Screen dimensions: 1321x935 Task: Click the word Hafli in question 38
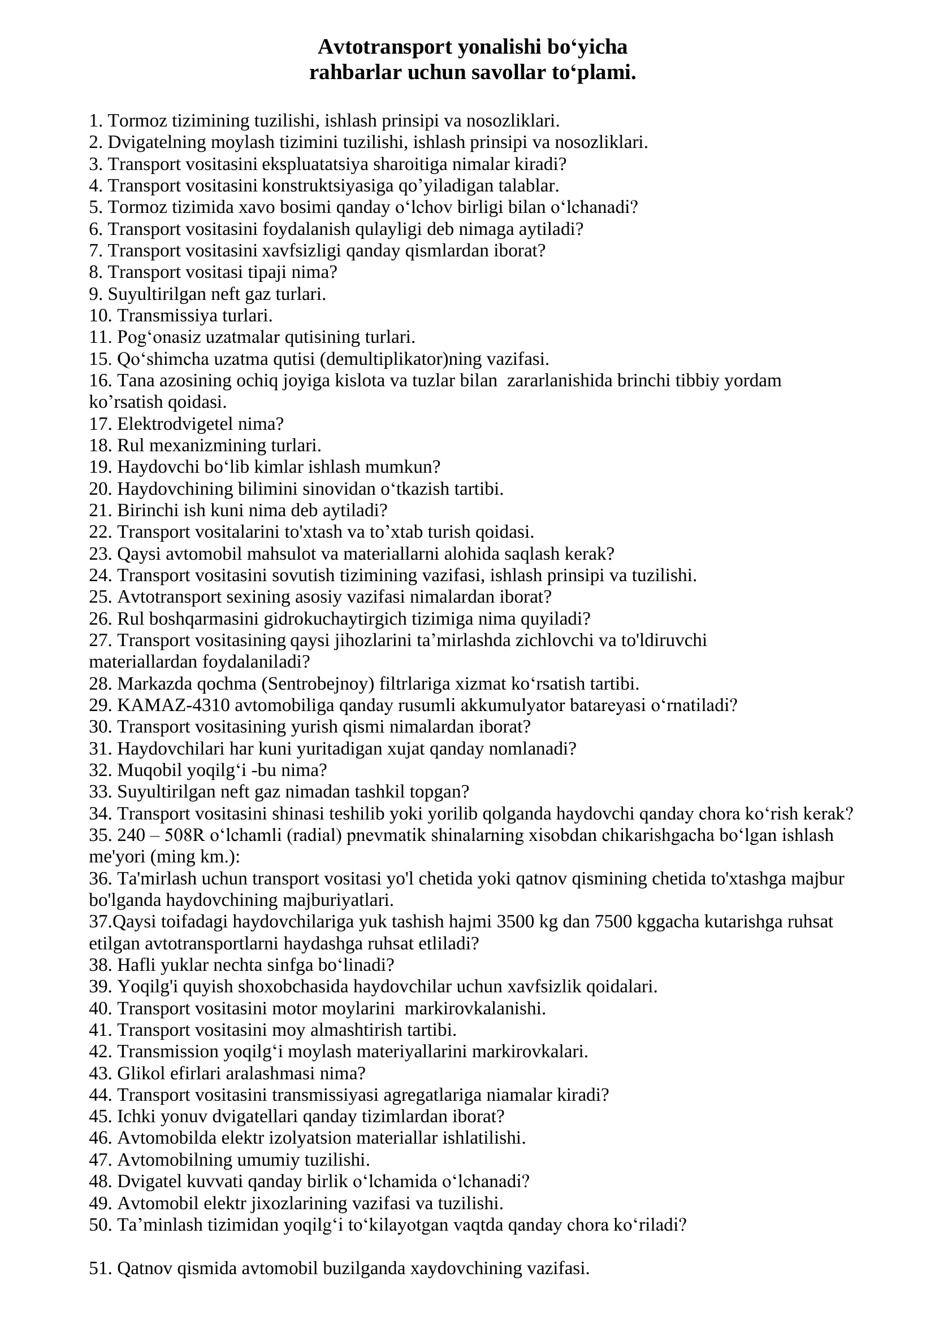134,965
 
